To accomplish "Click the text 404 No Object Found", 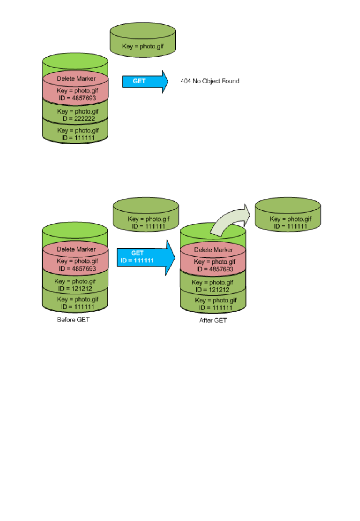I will point(210,81).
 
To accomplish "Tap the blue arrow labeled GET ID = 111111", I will point(145,257).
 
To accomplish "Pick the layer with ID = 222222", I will point(76,115).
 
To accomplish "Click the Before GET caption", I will point(73,320).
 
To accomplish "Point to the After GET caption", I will point(213,321).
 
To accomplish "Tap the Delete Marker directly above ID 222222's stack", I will point(76,79).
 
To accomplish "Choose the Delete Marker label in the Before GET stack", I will point(76,249).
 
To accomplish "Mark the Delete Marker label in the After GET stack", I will point(213,250).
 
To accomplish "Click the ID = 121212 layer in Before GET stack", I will point(75,285).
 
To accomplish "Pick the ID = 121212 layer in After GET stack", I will point(213,286).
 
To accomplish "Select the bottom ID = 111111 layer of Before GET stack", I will point(76,303).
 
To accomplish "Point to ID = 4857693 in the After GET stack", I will point(214,269).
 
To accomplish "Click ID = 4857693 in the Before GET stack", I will point(77,269).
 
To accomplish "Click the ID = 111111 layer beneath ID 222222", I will point(76,134).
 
